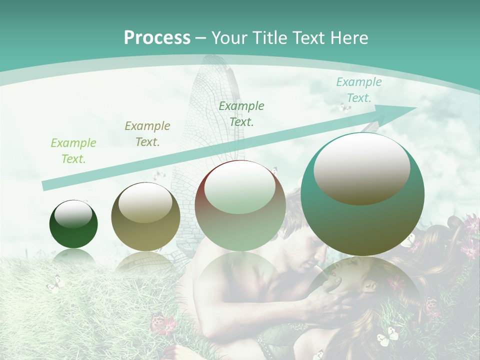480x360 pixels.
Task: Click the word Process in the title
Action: [x=157, y=37]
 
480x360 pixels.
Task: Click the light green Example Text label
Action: [x=73, y=150]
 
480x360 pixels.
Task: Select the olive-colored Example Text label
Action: [x=147, y=133]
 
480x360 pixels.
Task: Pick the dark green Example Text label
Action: [x=241, y=113]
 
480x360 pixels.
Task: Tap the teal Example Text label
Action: [x=358, y=90]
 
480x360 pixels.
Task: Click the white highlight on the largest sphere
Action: [x=361, y=168]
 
